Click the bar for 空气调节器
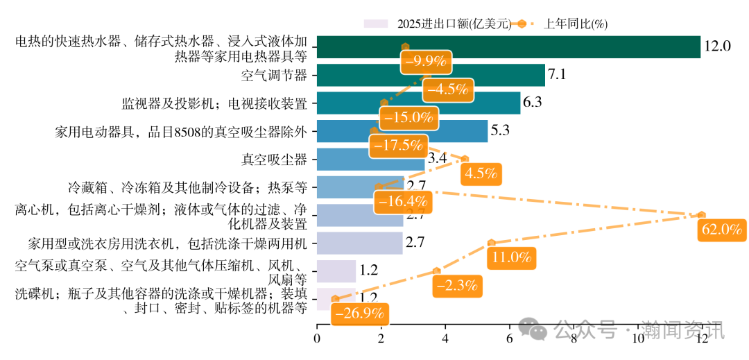431,75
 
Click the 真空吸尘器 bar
370,160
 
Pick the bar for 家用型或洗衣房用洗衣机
359,243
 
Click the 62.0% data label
722,230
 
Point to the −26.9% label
359,313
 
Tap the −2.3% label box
457,285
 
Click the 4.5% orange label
482,173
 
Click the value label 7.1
558,75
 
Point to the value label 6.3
532,103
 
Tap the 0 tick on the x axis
317,338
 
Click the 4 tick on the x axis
445,338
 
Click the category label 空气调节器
274,75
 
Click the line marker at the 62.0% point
701,215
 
